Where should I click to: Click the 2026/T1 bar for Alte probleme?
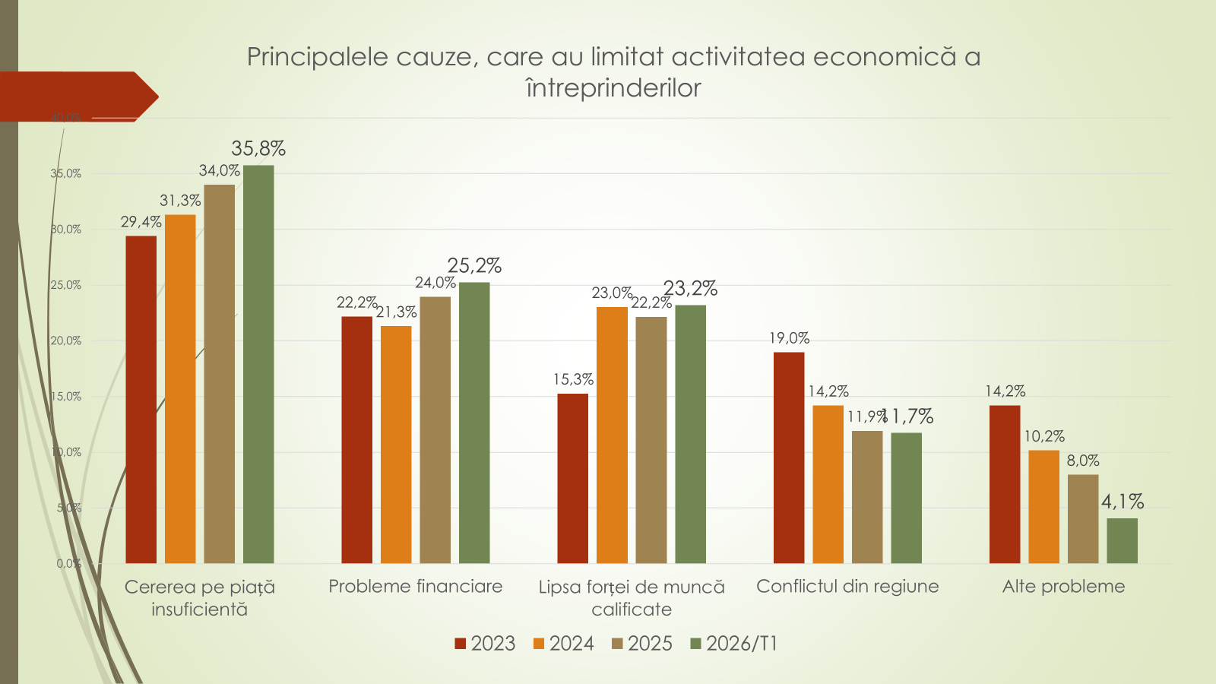[x=1122, y=540]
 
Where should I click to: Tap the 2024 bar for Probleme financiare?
[x=396, y=445]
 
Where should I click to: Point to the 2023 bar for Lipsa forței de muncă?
[x=572, y=478]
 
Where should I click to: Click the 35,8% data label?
[x=258, y=148]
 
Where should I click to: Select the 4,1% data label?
[x=1123, y=502]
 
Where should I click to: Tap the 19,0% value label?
[x=789, y=338]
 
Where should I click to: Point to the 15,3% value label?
[x=573, y=379]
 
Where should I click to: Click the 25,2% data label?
[x=474, y=266]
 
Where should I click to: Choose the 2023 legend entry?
[x=485, y=644]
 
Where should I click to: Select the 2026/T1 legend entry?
[x=734, y=644]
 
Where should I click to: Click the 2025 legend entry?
[x=642, y=644]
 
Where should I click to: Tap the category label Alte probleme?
[x=1063, y=587]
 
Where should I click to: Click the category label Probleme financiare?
[x=416, y=587]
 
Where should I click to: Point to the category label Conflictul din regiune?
[x=847, y=587]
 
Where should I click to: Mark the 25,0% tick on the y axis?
[x=66, y=285]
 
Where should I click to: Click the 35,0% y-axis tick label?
[x=66, y=173]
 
